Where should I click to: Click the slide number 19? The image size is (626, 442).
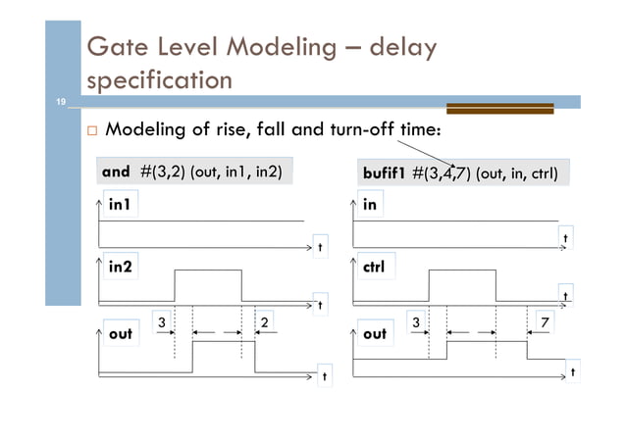tap(58, 102)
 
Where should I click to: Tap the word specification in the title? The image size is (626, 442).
tap(160, 79)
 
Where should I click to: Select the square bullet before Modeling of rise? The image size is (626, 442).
tap(92, 130)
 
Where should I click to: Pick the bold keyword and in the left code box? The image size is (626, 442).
tap(116, 172)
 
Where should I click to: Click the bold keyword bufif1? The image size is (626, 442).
tap(385, 174)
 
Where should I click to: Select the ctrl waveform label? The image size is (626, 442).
tap(374, 267)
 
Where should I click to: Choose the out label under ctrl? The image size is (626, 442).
tap(375, 333)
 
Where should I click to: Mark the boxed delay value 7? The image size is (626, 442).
tap(544, 320)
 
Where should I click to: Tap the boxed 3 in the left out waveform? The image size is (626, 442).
tap(161, 319)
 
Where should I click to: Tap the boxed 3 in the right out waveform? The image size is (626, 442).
tap(415, 320)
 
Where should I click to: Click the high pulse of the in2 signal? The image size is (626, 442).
tap(207, 270)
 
